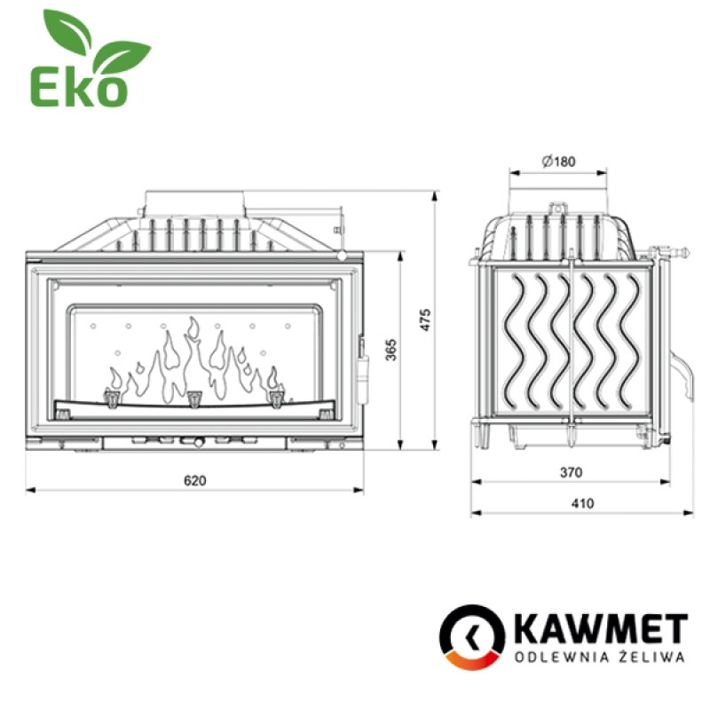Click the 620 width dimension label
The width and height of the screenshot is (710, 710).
[194, 480]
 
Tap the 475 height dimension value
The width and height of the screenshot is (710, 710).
[425, 319]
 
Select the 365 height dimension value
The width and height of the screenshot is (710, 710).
[391, 351]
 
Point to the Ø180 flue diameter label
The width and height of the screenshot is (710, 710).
[558, 161]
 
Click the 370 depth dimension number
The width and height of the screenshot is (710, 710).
[571, 473]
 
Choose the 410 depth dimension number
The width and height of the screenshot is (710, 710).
[581, 503]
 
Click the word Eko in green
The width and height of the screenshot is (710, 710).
[79, 87]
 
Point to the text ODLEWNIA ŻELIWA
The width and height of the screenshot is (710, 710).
[601, 658]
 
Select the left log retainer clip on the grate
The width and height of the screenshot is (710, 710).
[113, 398]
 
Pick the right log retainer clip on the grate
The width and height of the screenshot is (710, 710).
[276, 398]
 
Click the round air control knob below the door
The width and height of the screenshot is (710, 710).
[187, 440]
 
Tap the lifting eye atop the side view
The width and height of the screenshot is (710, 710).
[558, 209]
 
